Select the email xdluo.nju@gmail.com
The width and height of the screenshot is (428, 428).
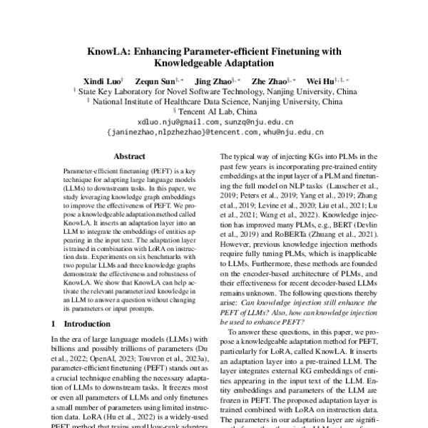(x=168, y=122)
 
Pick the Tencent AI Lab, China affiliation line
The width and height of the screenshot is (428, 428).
(x=215, y=112)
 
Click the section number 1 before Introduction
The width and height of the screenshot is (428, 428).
(x=55, y=324)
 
